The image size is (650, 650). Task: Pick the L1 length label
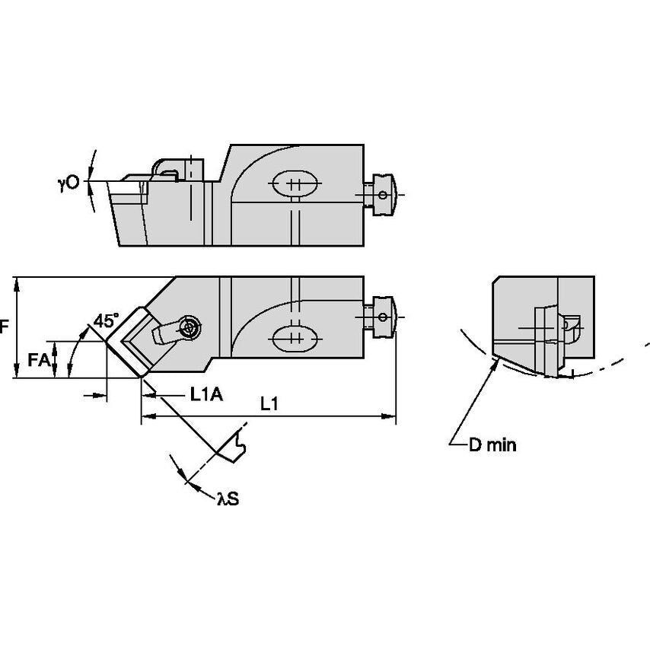pos(269,406)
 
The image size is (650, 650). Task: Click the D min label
pos(491,445)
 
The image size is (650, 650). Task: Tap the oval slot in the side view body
pos(294,183)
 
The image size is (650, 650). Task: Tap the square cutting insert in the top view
pos(136,340)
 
